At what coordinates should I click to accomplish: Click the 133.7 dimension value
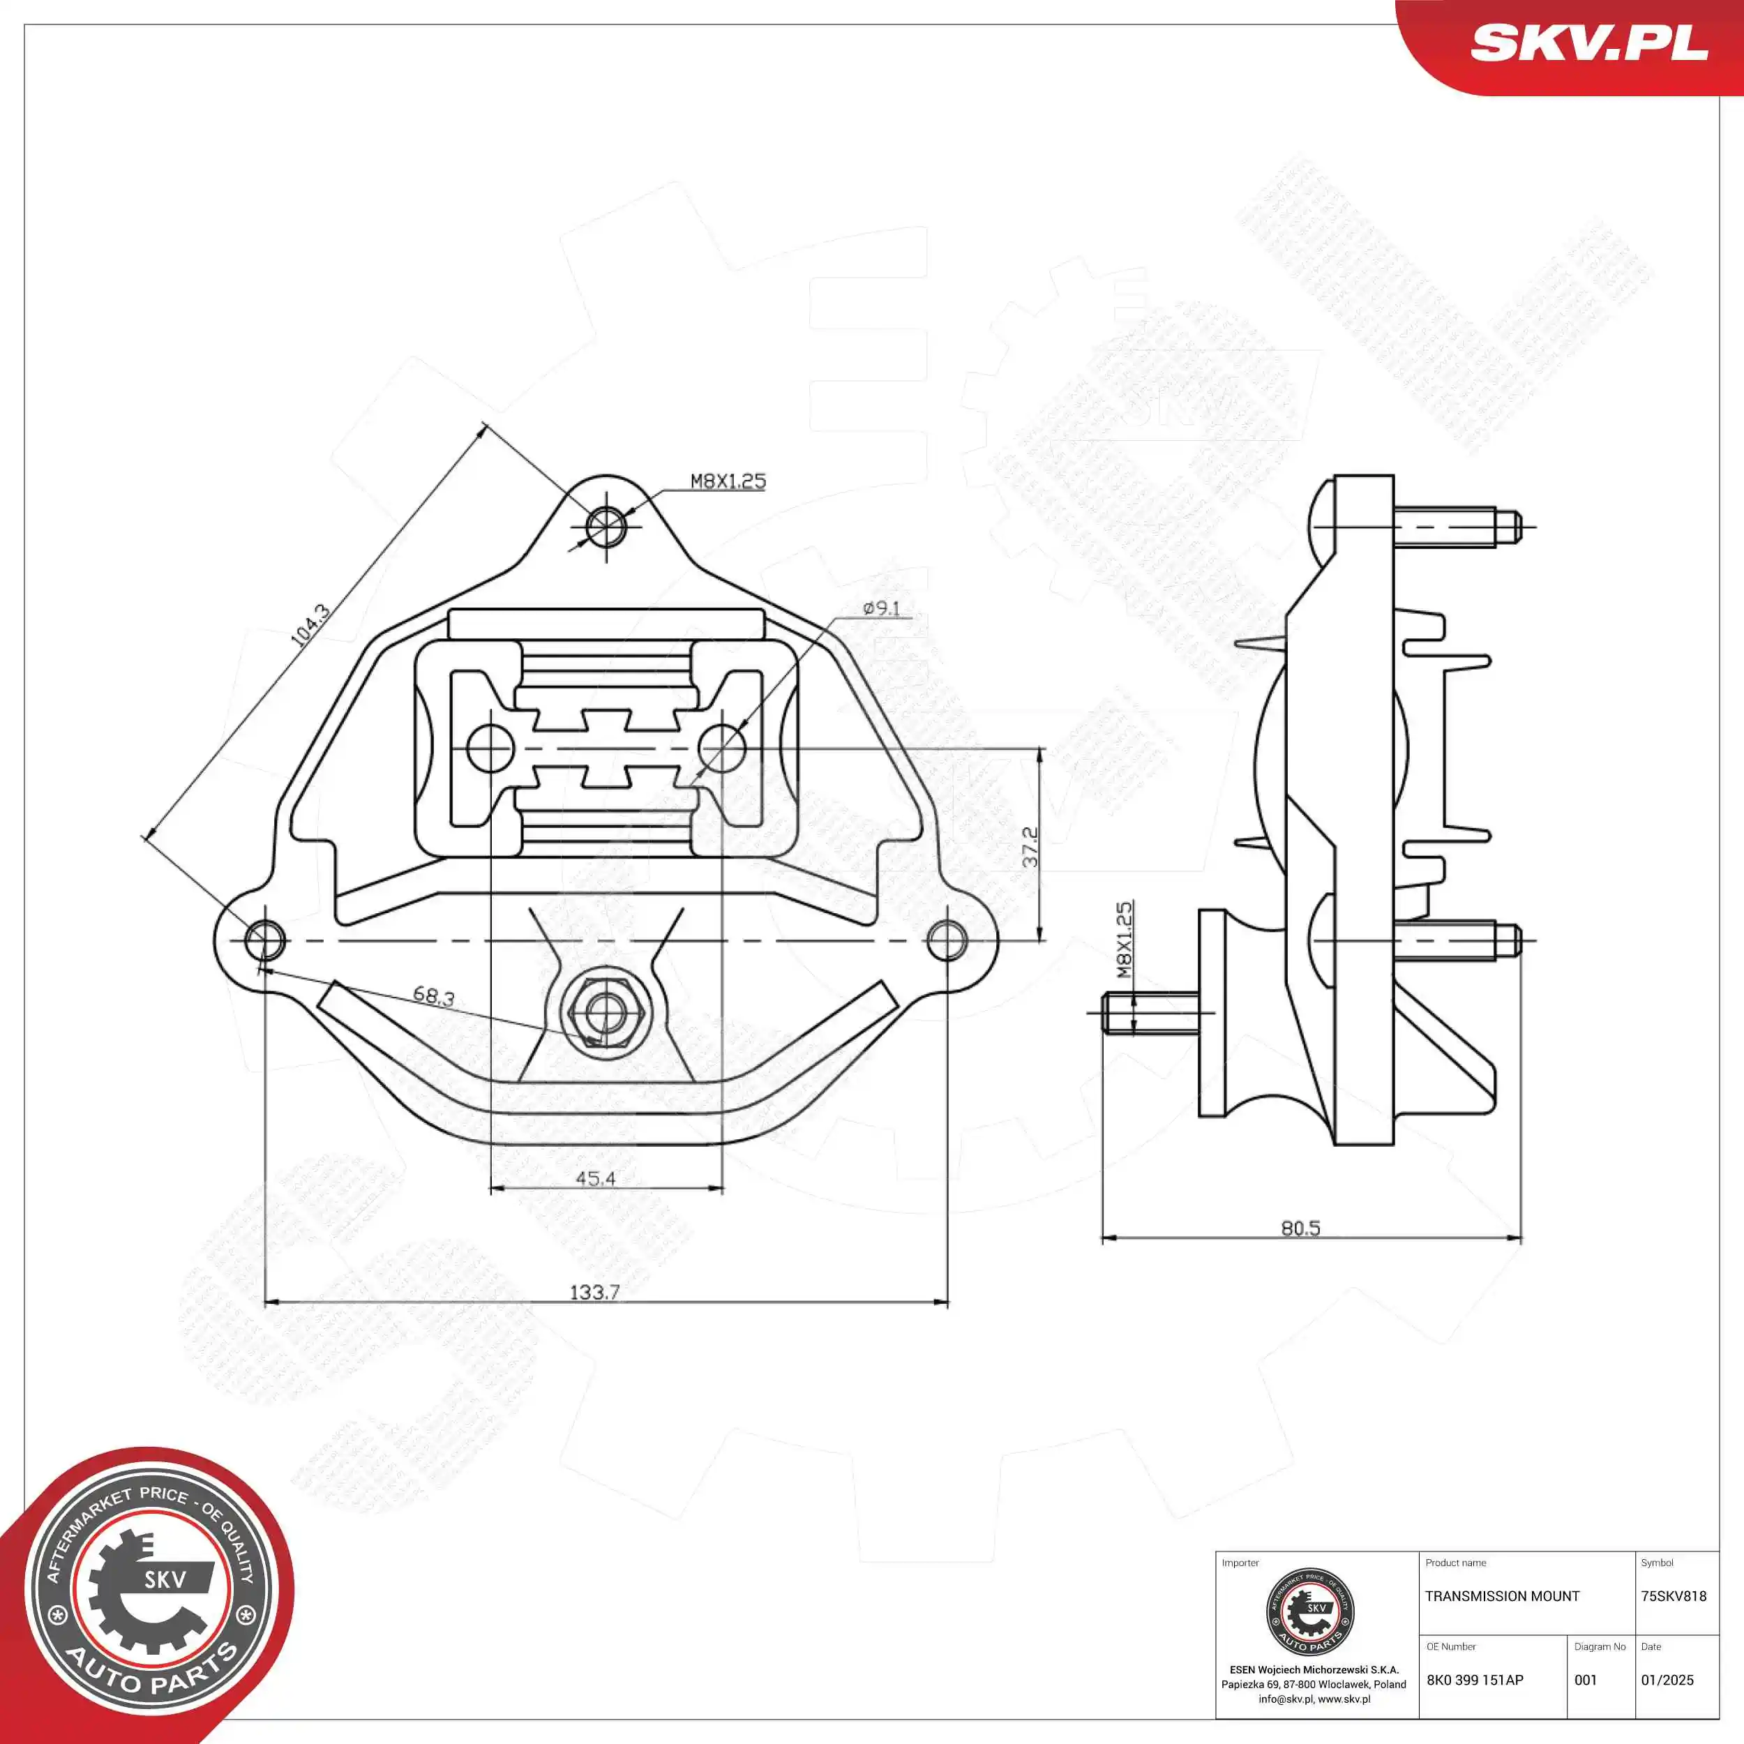click(x=594, y=1292)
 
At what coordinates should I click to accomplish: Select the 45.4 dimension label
click(x=595, y=1178)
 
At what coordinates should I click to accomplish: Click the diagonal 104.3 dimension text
click(x=310, y=624)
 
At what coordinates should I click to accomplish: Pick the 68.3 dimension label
click(x=433, y=997)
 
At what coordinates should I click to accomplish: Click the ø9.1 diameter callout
click(x=881, y=608)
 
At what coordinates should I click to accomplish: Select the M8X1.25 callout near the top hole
click(x=728, y=481)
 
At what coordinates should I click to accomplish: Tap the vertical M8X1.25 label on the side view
click(x=1124, y=940)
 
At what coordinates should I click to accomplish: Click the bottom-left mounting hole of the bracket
click(x=264, y=940)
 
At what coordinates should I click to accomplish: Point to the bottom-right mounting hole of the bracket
click(x=947, y=940)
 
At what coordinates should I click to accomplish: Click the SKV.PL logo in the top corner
click(x=1588, y=43)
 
